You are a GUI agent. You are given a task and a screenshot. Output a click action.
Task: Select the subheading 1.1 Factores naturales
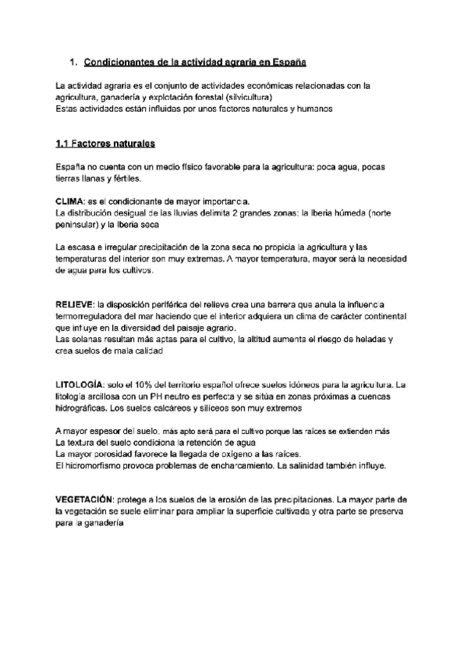[105, 144]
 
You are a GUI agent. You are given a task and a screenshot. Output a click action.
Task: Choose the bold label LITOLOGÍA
[79, 384]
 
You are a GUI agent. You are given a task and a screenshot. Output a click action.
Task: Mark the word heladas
[371, 340]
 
